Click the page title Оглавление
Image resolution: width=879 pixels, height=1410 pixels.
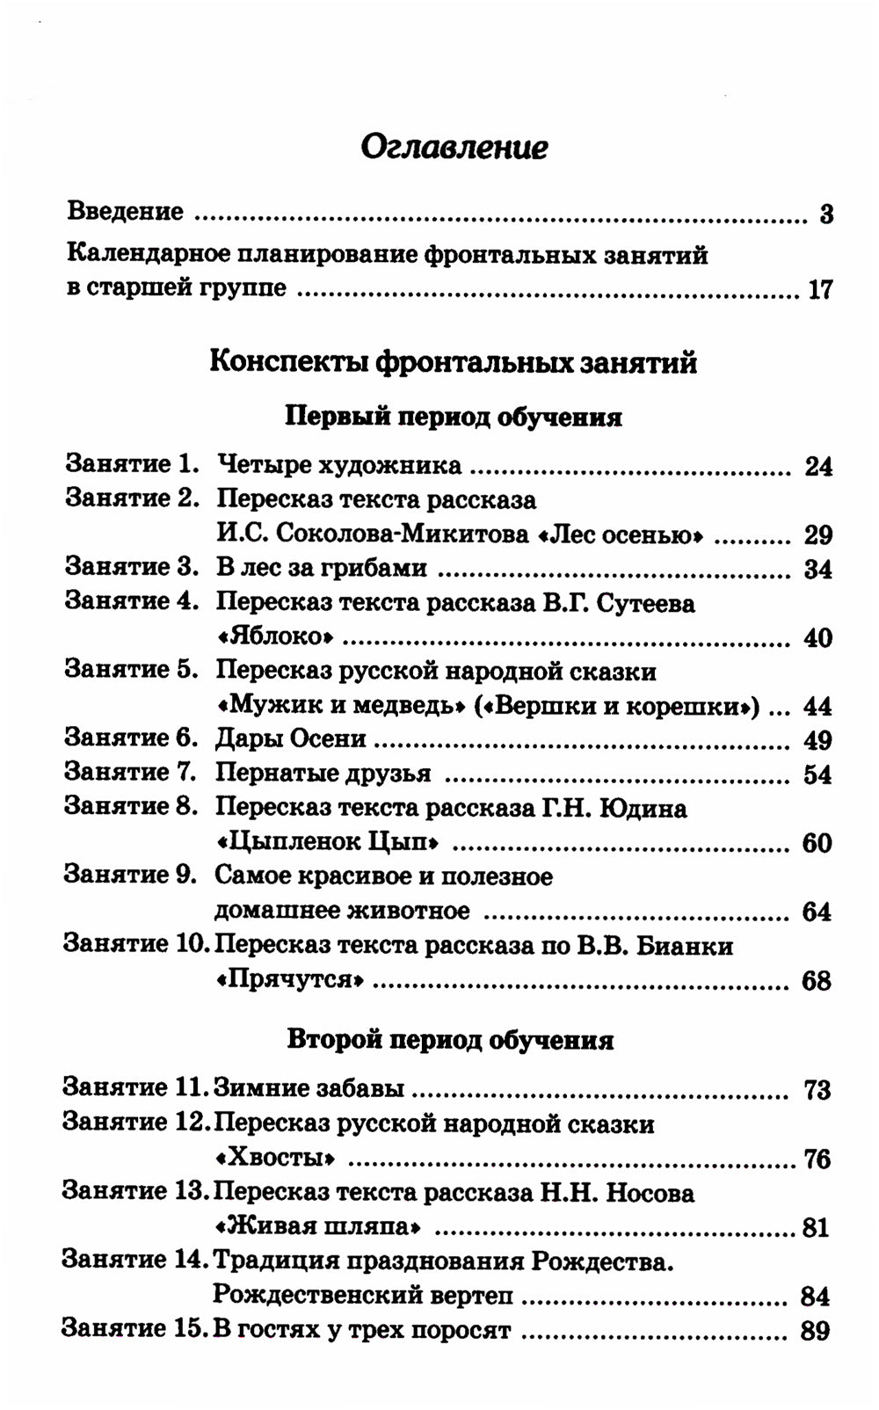(454, 147)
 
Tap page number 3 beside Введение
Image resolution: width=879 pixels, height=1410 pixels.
(825, 214)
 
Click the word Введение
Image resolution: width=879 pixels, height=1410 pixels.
(126, 212)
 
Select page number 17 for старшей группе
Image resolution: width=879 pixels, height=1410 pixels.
(819, 289)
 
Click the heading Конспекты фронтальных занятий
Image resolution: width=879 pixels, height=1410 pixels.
(454, 362)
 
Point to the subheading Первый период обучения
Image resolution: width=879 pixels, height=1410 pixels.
(454, 417)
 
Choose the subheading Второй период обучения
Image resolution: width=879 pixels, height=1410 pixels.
(450, 1041)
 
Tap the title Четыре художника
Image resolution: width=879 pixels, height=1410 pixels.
(338, 466)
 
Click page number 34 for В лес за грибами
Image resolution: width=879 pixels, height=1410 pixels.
(817, 570)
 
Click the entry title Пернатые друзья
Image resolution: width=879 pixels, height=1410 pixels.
(323, 774)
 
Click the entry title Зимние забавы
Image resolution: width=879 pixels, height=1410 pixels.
(309, 1089)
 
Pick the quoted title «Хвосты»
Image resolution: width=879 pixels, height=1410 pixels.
(274, 1159)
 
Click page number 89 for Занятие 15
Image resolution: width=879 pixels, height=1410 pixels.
(815, 1331)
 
